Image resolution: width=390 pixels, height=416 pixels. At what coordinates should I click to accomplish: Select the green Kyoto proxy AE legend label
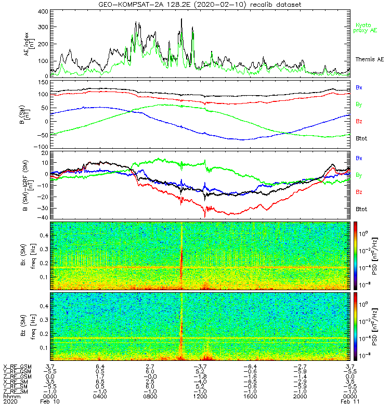(367, 28)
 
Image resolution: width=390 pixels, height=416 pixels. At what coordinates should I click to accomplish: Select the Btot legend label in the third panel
(361, 209)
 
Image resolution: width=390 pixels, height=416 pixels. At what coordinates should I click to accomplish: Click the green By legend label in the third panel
(359, 175)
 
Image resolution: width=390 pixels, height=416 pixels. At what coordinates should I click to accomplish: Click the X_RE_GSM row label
(17, 367)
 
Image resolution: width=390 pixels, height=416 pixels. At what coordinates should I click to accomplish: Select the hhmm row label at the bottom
(10, 396)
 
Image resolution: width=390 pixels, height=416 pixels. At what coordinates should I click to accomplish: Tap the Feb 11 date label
(348, 402)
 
